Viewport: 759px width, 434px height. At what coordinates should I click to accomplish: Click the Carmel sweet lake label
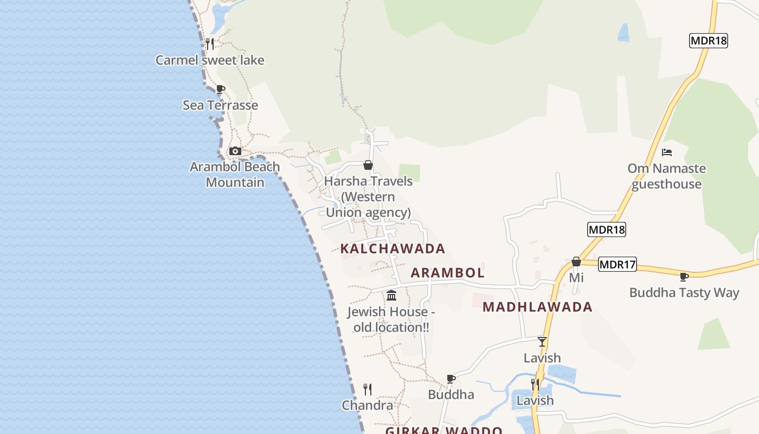click(210, 60)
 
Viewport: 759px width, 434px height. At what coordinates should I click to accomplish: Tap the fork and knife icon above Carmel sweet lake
click(210, 44)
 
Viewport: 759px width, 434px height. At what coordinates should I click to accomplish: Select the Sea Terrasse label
click(220, 105)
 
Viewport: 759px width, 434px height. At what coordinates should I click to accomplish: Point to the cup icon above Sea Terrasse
click(220, 90)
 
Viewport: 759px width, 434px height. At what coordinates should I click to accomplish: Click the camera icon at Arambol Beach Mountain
click(235, 151)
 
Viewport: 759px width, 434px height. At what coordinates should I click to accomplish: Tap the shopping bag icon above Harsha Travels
click(368, 165)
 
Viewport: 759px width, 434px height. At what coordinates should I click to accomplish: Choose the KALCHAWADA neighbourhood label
click(393, 249)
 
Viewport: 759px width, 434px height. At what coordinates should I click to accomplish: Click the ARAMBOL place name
click(447, 272)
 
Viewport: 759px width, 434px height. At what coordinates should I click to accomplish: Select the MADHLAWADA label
click(537, 307)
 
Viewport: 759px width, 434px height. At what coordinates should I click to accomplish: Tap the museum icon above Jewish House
click(391, 296)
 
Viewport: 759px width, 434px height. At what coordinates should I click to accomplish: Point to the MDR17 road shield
click(618, 265)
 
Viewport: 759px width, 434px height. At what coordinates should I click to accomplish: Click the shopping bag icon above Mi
click(576, 262)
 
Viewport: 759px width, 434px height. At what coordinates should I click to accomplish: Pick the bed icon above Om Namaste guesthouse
click(667, 152)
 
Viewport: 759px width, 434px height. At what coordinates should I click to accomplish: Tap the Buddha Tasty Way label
click(684, 293)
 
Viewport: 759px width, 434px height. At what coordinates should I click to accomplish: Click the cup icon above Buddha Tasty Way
click(684, 277)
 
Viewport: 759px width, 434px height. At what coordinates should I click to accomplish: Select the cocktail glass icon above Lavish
click(542, 342)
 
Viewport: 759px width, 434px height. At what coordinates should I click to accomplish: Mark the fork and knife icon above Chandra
click(368, 389)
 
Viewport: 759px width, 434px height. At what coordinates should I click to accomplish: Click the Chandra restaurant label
click(368, 405)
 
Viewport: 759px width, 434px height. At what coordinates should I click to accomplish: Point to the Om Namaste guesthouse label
click(667, 176)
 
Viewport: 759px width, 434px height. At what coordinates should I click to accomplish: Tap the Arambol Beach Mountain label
click(235, 174)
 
